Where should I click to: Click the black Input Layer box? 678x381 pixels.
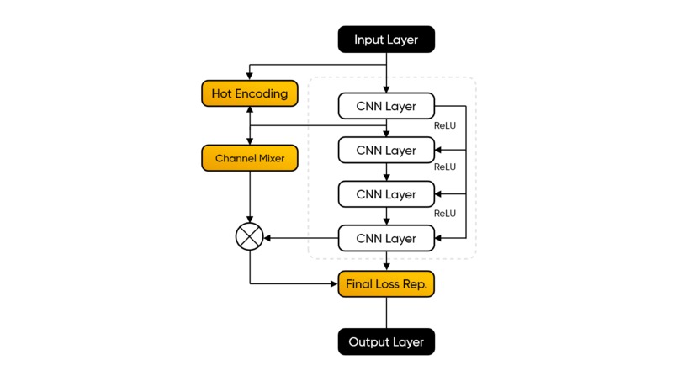pyautogui.click(x=386, y=40)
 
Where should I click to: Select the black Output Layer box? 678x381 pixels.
pyautogui.click(x=386, y=342)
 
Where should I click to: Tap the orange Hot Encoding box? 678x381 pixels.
pyautogui.click(x=249, y=93)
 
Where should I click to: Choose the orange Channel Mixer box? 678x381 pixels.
pyautogui.click(x=249, y=158)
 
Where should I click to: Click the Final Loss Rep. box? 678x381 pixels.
pyautogui.click(x=386, y=284)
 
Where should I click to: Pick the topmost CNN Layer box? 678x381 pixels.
pyautogui.click(x=386, y=106)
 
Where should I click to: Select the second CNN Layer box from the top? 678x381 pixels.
pyautogui.click(x=386, y=151)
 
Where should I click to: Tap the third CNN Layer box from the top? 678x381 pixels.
pyautogui.click(x=386, y=194)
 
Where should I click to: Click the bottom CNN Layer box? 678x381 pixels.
pyautogui.click(x=386, y=238)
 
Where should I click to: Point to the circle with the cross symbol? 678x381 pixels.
pyautogui.click(x=249, y=238)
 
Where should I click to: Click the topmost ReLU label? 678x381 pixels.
pyautogui.click(x=444, y=125)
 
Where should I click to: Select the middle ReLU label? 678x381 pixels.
pyautogui.click(x=444, y=167)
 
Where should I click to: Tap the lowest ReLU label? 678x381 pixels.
pyautogui.click(x=444, y=214)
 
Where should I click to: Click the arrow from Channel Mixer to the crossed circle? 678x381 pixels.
pyautogui.click(x=249, y=198)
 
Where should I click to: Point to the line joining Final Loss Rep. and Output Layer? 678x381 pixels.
pyautogui.click(x=386, y=313)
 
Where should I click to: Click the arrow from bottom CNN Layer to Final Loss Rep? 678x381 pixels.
pyautogui.click(x=386, y=261)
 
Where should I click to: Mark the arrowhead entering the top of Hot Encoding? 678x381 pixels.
pyautogui.click(x=249, y=77)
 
